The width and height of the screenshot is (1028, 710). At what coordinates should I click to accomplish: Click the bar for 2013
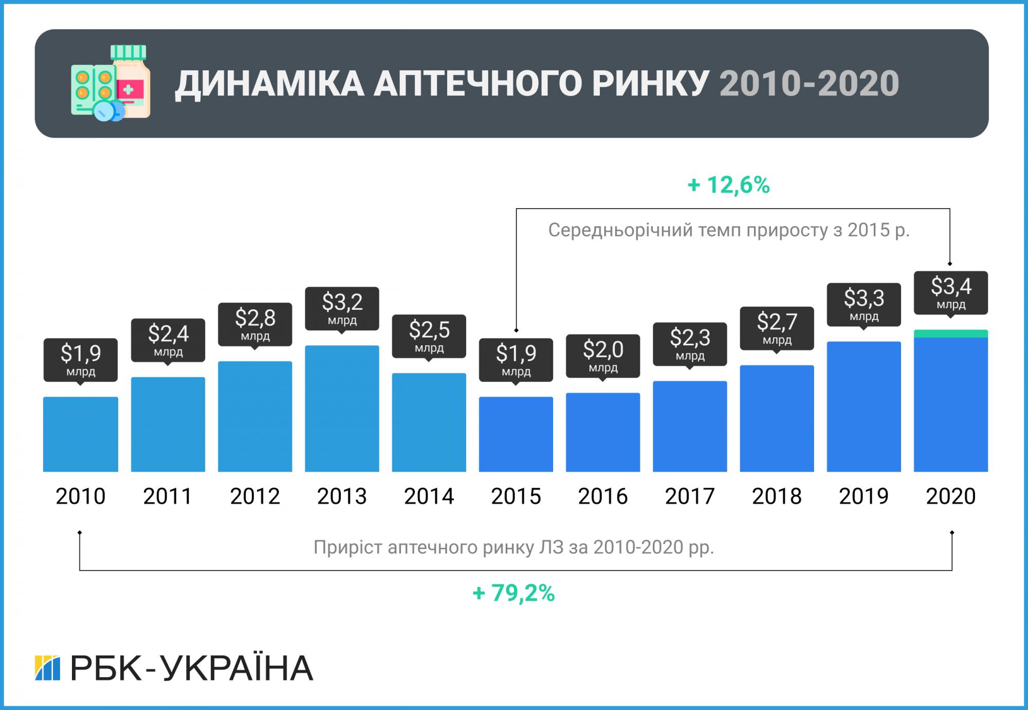(342, 408)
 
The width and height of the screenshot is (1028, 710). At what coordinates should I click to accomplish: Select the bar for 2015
(516, 434)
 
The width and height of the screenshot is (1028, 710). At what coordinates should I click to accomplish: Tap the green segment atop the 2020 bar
(950, 334)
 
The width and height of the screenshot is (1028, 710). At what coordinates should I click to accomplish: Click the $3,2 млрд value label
(342, 307)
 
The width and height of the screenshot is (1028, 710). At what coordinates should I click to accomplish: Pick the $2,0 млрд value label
(602, 355)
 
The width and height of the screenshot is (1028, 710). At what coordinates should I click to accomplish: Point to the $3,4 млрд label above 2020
(950, 292)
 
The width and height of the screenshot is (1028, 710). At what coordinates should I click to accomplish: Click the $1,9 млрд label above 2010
(80, 359)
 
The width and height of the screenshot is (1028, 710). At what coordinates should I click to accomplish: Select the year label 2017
(689, 496)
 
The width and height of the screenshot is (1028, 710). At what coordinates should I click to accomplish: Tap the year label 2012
(254, 496)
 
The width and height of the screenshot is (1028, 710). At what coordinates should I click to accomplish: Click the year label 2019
(864, 496)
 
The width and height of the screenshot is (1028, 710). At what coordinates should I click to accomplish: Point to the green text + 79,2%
(513, 593)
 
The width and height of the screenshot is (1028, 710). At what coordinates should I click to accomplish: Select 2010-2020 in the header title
(809, 84)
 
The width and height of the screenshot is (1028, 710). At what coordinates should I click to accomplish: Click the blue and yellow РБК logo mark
(47, 668)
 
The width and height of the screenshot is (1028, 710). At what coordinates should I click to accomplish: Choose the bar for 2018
(776, 419)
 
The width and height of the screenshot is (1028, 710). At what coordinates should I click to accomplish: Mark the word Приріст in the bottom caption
(347, 548)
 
